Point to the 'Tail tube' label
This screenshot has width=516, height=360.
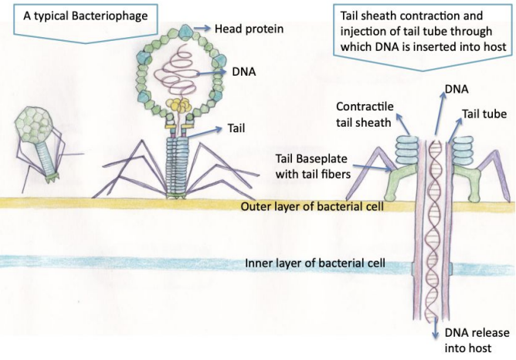[484, 114]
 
